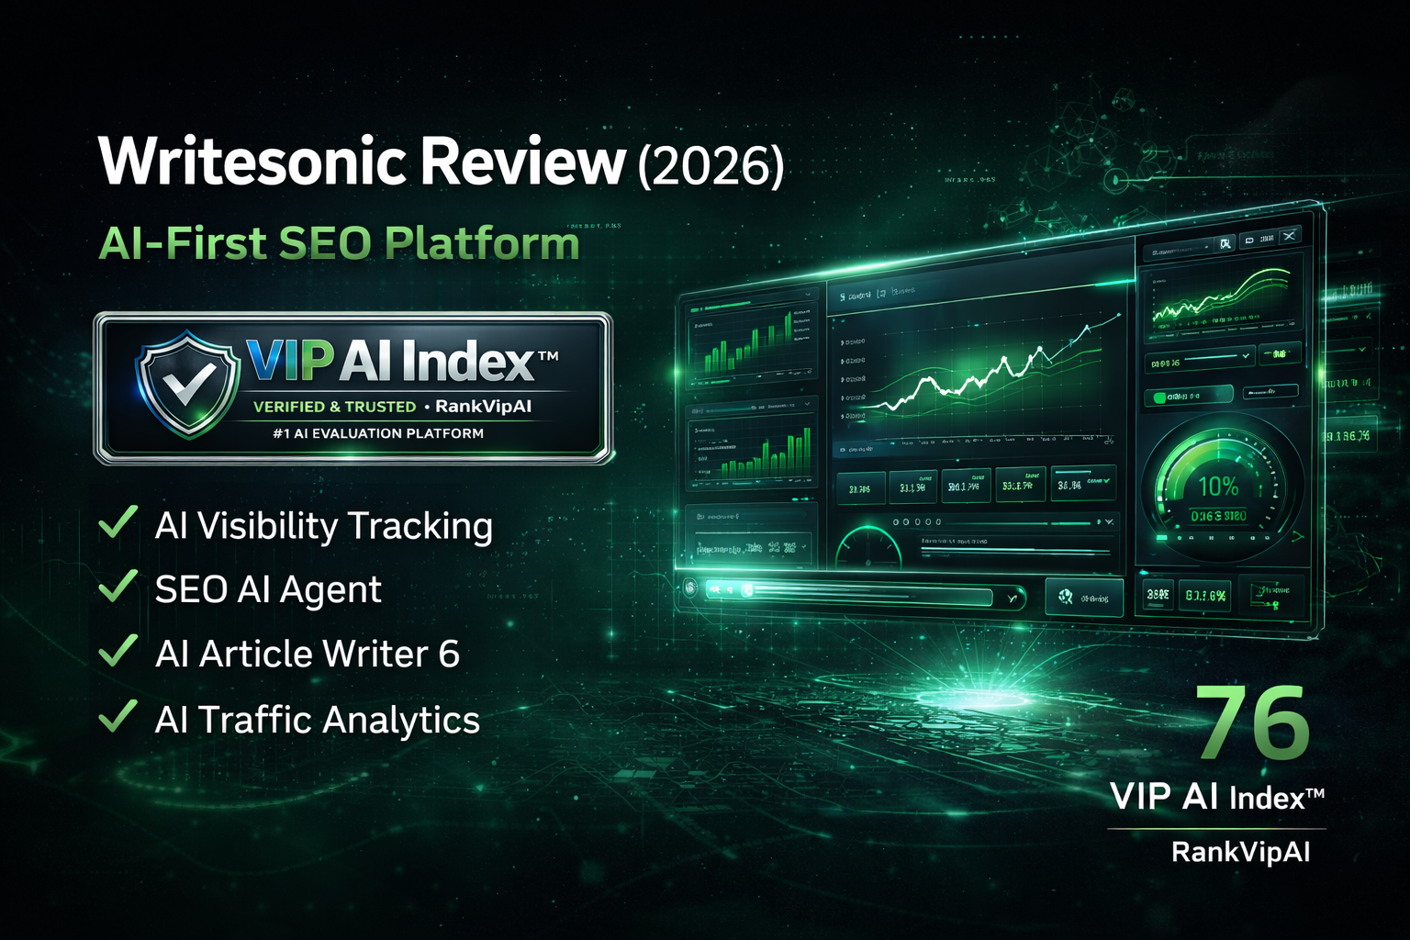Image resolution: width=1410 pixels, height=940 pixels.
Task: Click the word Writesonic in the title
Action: (x=252, y=162)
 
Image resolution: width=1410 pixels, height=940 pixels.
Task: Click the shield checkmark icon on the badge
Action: (x=189, y=382)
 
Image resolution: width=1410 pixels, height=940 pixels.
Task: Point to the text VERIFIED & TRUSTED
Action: (x=334, y=407)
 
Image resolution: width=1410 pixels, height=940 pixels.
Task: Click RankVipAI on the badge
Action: (x=484, y=407)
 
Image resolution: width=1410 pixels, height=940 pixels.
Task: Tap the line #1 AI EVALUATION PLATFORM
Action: (x=378, y=433)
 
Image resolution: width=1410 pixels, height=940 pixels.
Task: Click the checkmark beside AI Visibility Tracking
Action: (x=118, y=523)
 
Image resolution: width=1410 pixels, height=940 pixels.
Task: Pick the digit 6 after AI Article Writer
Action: (x=449, y=655)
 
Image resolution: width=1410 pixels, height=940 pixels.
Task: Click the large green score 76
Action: (x=1253, y=725)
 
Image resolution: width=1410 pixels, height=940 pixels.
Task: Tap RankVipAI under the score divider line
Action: (x=1240, y=852)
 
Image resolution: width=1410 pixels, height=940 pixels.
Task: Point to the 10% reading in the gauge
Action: (x=1217, y=487)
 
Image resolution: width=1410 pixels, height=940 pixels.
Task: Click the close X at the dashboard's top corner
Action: (x=1290, y=237)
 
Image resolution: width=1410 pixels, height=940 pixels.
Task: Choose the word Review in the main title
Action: (x=522, y=162)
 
